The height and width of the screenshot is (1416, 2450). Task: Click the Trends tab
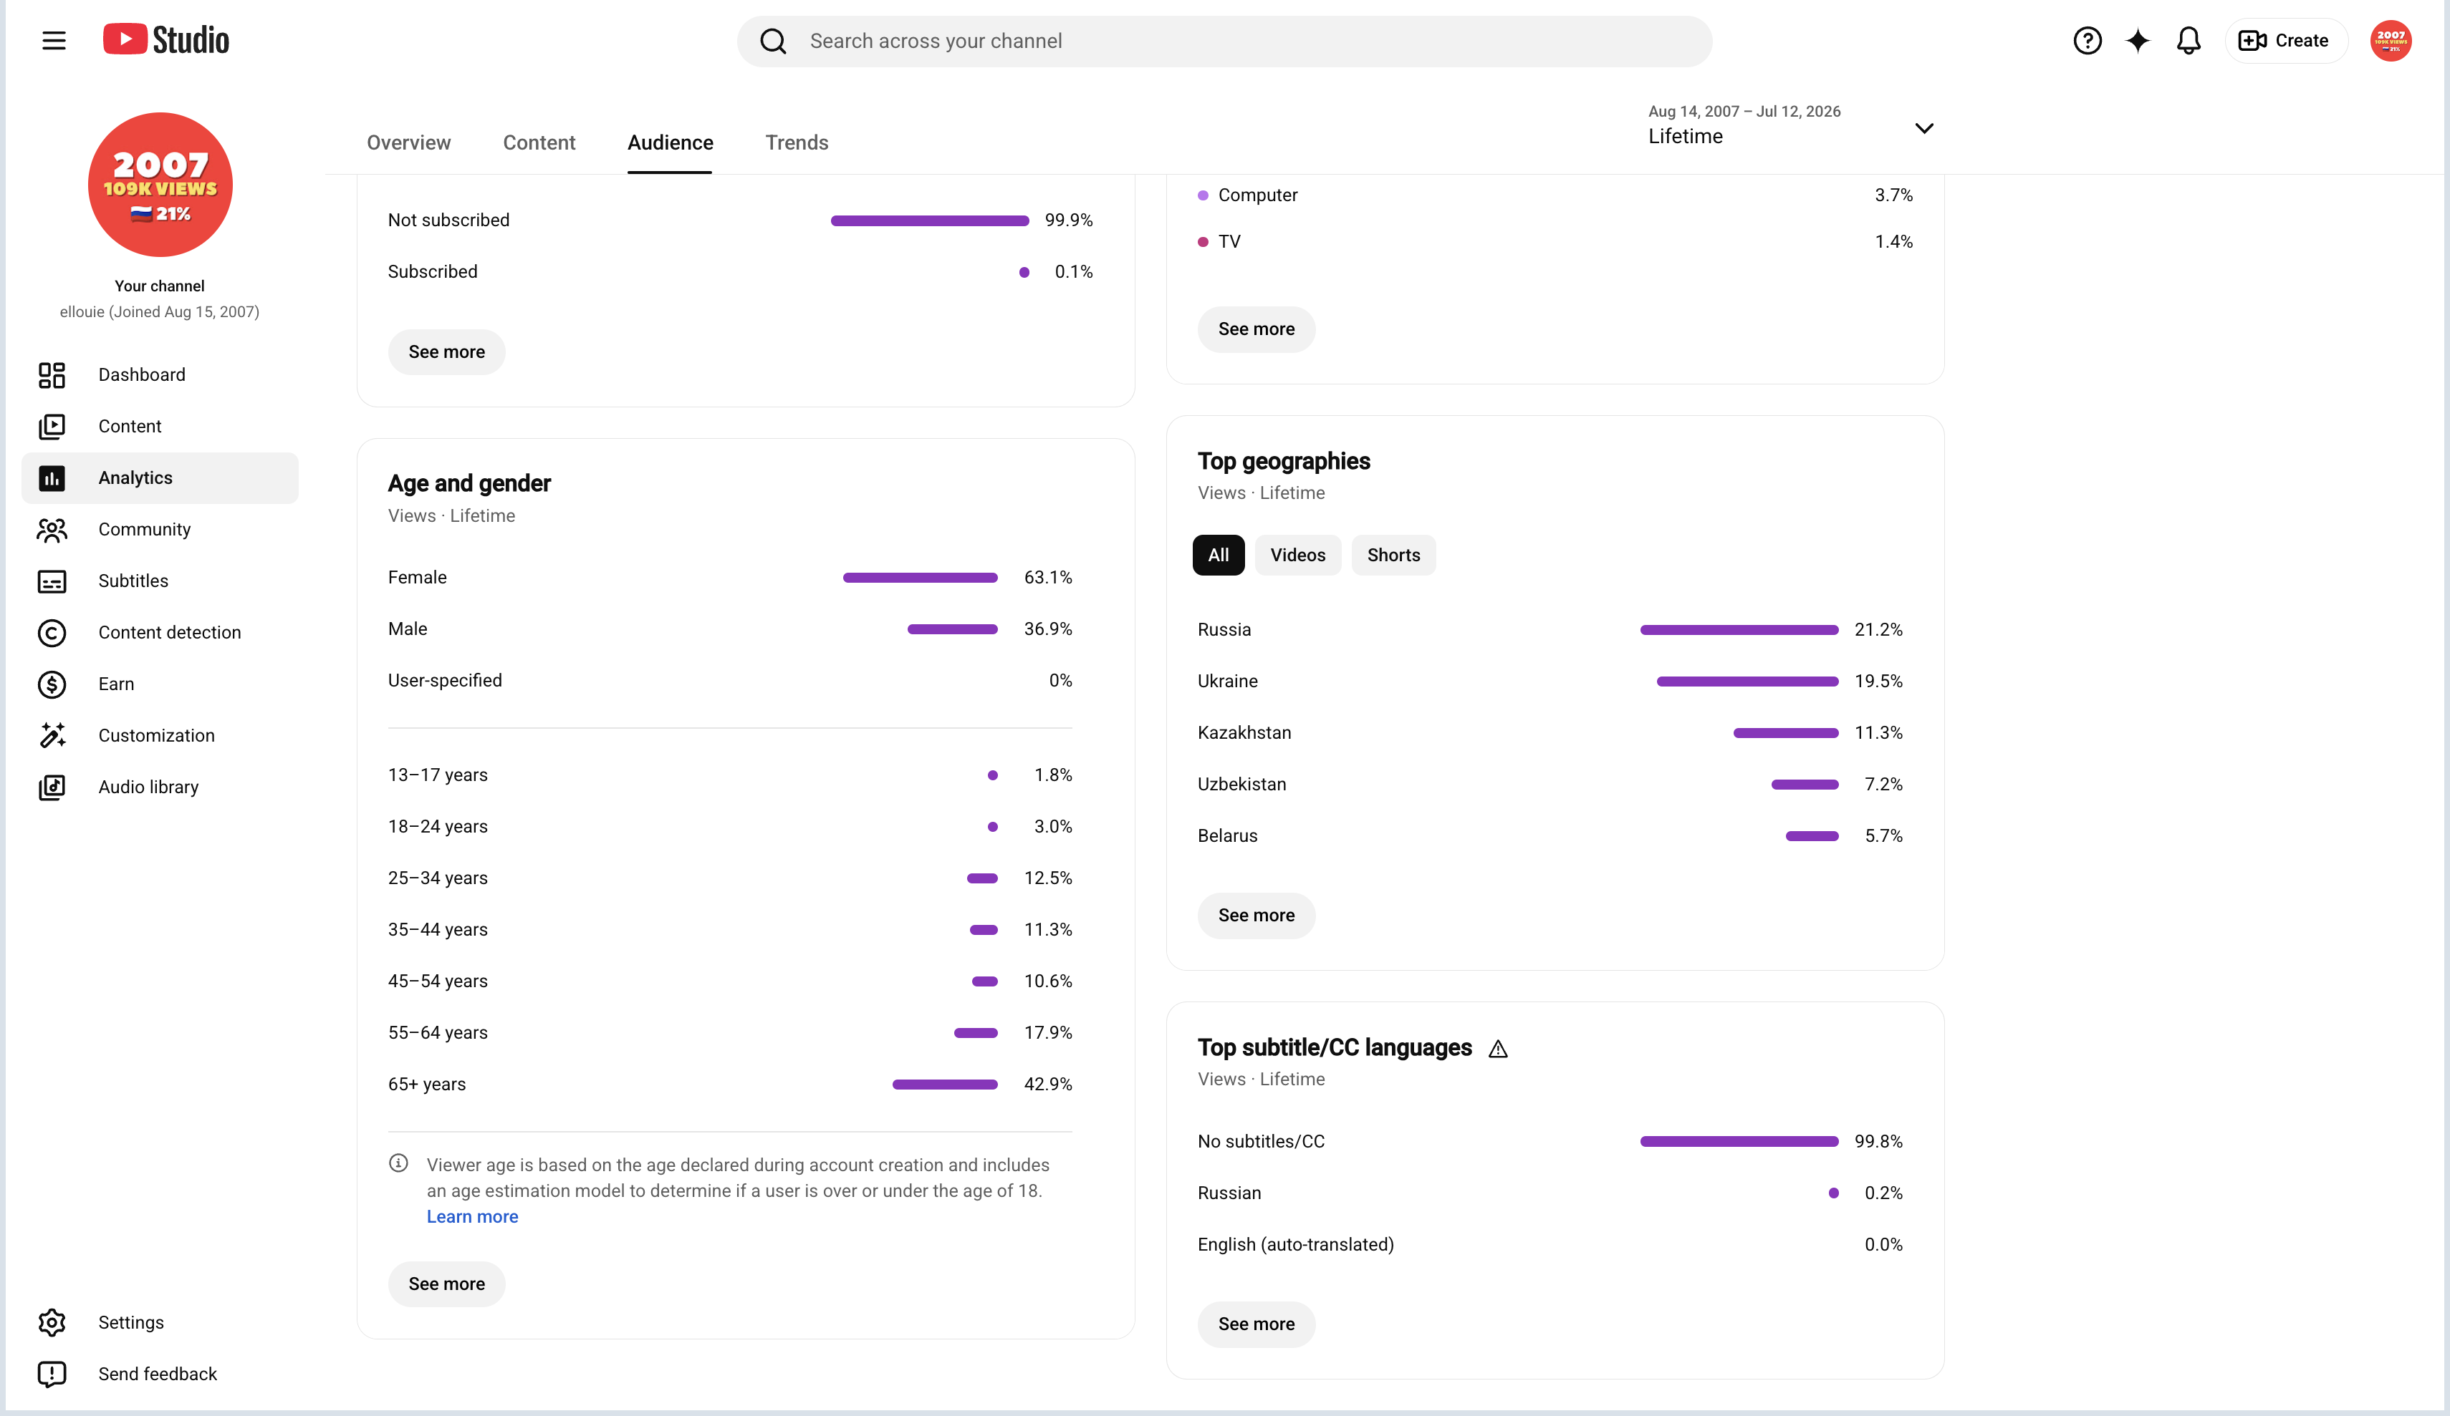click(797, 143)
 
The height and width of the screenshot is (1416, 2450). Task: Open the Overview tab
click(408, 143)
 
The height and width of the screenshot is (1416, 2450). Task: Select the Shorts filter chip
click(1393, 555)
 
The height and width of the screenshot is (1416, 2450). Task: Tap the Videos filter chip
click(1298, 555)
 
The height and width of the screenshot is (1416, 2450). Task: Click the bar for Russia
click(1739, 630)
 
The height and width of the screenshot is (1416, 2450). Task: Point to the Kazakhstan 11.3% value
click(1878, 733)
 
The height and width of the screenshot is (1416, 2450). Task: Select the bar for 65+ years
click(945, 1085)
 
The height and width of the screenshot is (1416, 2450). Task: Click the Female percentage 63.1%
click(1048, 577)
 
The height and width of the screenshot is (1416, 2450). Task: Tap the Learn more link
click(473, 1217)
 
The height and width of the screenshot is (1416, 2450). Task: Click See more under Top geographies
click(1256, 916)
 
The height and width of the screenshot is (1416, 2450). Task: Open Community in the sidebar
click(145, 530)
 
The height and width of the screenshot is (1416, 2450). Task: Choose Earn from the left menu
click(117, 684)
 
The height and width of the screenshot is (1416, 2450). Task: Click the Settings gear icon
click(52, 1323)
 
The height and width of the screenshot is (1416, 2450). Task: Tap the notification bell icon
click(2189, 41)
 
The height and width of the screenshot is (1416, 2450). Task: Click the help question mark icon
click(2088, 41)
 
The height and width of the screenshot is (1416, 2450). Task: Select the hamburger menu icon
click(54, 41)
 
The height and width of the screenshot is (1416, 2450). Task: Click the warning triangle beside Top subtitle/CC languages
click(1498, 1049)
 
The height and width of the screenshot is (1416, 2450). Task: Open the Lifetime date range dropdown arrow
click(1924, 128)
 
